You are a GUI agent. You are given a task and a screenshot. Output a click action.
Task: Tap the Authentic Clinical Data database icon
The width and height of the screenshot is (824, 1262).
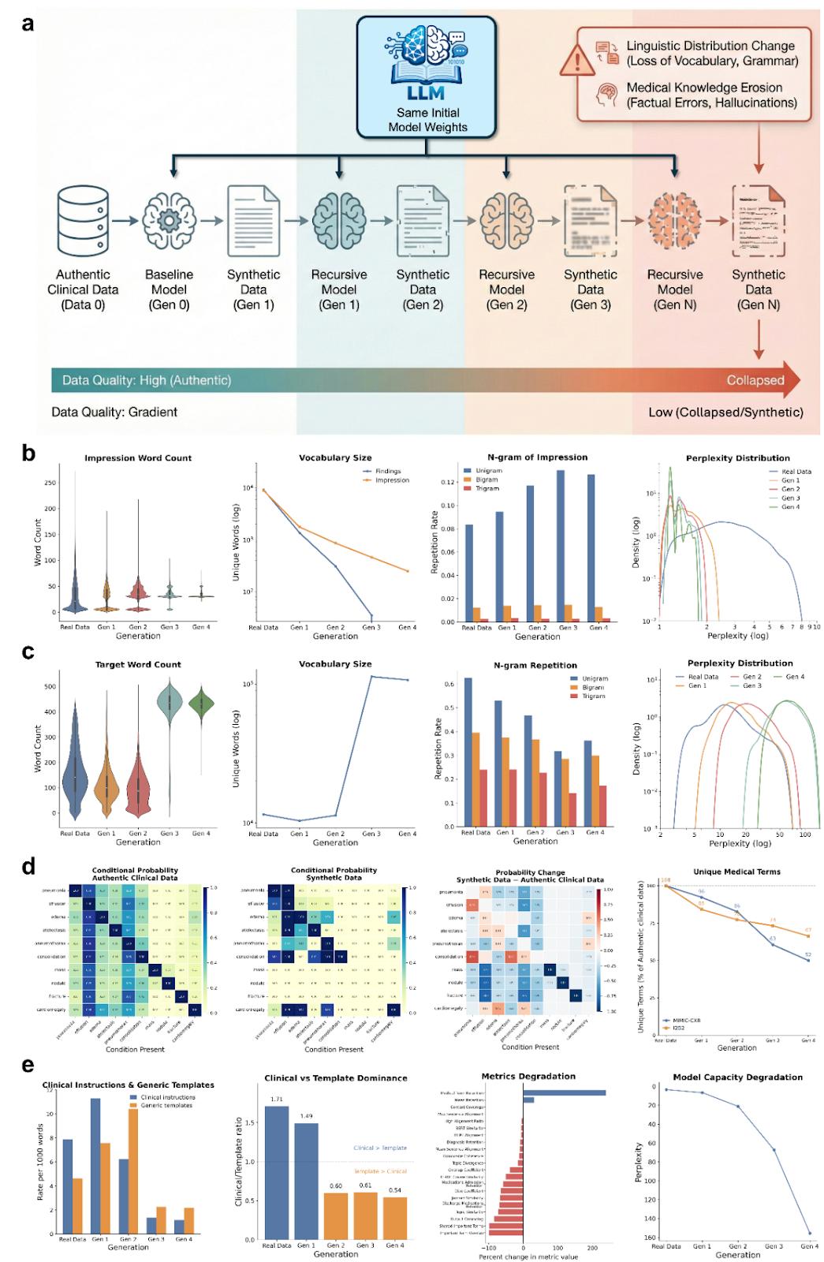pos(83,221)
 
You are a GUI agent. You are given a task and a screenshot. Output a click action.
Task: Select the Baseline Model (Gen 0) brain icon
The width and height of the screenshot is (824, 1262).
pos(169,221)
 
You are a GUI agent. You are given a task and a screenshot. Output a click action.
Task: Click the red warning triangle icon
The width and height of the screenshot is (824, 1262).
pos(580,60)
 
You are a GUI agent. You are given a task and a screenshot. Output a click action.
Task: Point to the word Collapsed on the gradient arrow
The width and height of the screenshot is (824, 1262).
pos(755,380)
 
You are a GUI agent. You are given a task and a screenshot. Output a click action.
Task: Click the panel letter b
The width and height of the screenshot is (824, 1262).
pos(28,453)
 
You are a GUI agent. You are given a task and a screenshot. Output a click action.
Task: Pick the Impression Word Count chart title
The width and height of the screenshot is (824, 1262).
pos(138,458)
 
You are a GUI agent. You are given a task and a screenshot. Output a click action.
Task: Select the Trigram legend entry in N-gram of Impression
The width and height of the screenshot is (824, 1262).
pos(487,489)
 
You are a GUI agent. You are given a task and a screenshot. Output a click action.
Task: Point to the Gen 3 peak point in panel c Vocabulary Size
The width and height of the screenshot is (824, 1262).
pos(371,676)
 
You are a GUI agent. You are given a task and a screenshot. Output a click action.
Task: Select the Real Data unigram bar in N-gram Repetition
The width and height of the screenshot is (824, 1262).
pos(468,751)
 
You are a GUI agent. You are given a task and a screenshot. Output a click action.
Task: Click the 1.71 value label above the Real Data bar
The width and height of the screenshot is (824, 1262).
pos(276,1099)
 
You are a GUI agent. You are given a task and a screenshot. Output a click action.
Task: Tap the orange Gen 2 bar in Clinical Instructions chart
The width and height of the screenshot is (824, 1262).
pos(133,1171)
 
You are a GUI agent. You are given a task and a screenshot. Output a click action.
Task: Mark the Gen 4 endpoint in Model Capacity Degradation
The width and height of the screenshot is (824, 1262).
pos(809,1233)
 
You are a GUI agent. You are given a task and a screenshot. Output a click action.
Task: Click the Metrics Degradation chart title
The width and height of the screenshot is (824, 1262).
pos(528,1076)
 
